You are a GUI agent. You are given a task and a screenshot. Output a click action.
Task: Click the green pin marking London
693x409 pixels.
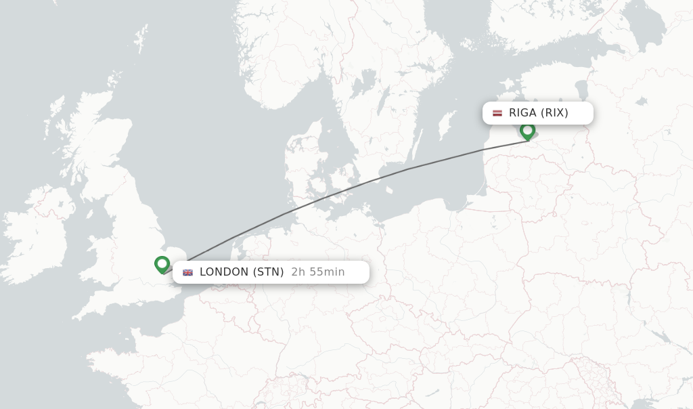(x=162, y=263)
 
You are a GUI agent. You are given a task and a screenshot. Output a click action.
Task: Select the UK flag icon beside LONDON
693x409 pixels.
(x=187, y=272)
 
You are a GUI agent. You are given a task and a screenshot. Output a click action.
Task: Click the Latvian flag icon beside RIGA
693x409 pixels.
(x=497, y=113)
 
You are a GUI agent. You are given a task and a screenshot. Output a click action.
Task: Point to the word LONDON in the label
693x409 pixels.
(x=224, y=272)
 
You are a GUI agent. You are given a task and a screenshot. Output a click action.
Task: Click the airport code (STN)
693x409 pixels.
(x=268, y=272)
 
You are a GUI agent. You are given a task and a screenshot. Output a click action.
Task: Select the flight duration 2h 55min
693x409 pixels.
(x=318, y=272)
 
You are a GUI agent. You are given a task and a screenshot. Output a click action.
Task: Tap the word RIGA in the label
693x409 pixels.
(x=522, y=113)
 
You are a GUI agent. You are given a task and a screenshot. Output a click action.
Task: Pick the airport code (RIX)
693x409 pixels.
(x=554, y=113)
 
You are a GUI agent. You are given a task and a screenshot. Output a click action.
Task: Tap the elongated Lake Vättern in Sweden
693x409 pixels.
(x=382, y=102)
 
